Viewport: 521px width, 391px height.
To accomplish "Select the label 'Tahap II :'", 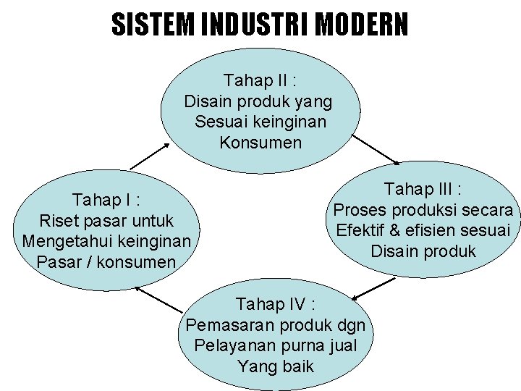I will pyautogui.click(x=260, y=79).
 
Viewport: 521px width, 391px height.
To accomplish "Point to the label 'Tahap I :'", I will pyautogui.click(x=106, y=199).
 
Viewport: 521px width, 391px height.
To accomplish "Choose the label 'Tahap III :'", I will pyautogui.click(x=423, y=189).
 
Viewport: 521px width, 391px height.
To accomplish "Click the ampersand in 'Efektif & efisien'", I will pyautogui.click(x=393, y=231).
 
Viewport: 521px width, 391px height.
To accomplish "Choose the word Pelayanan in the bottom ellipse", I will pyautogui.click(x=229, y=345).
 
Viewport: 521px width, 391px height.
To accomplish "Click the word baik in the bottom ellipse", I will pyautogui.click(x=297, y=366).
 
